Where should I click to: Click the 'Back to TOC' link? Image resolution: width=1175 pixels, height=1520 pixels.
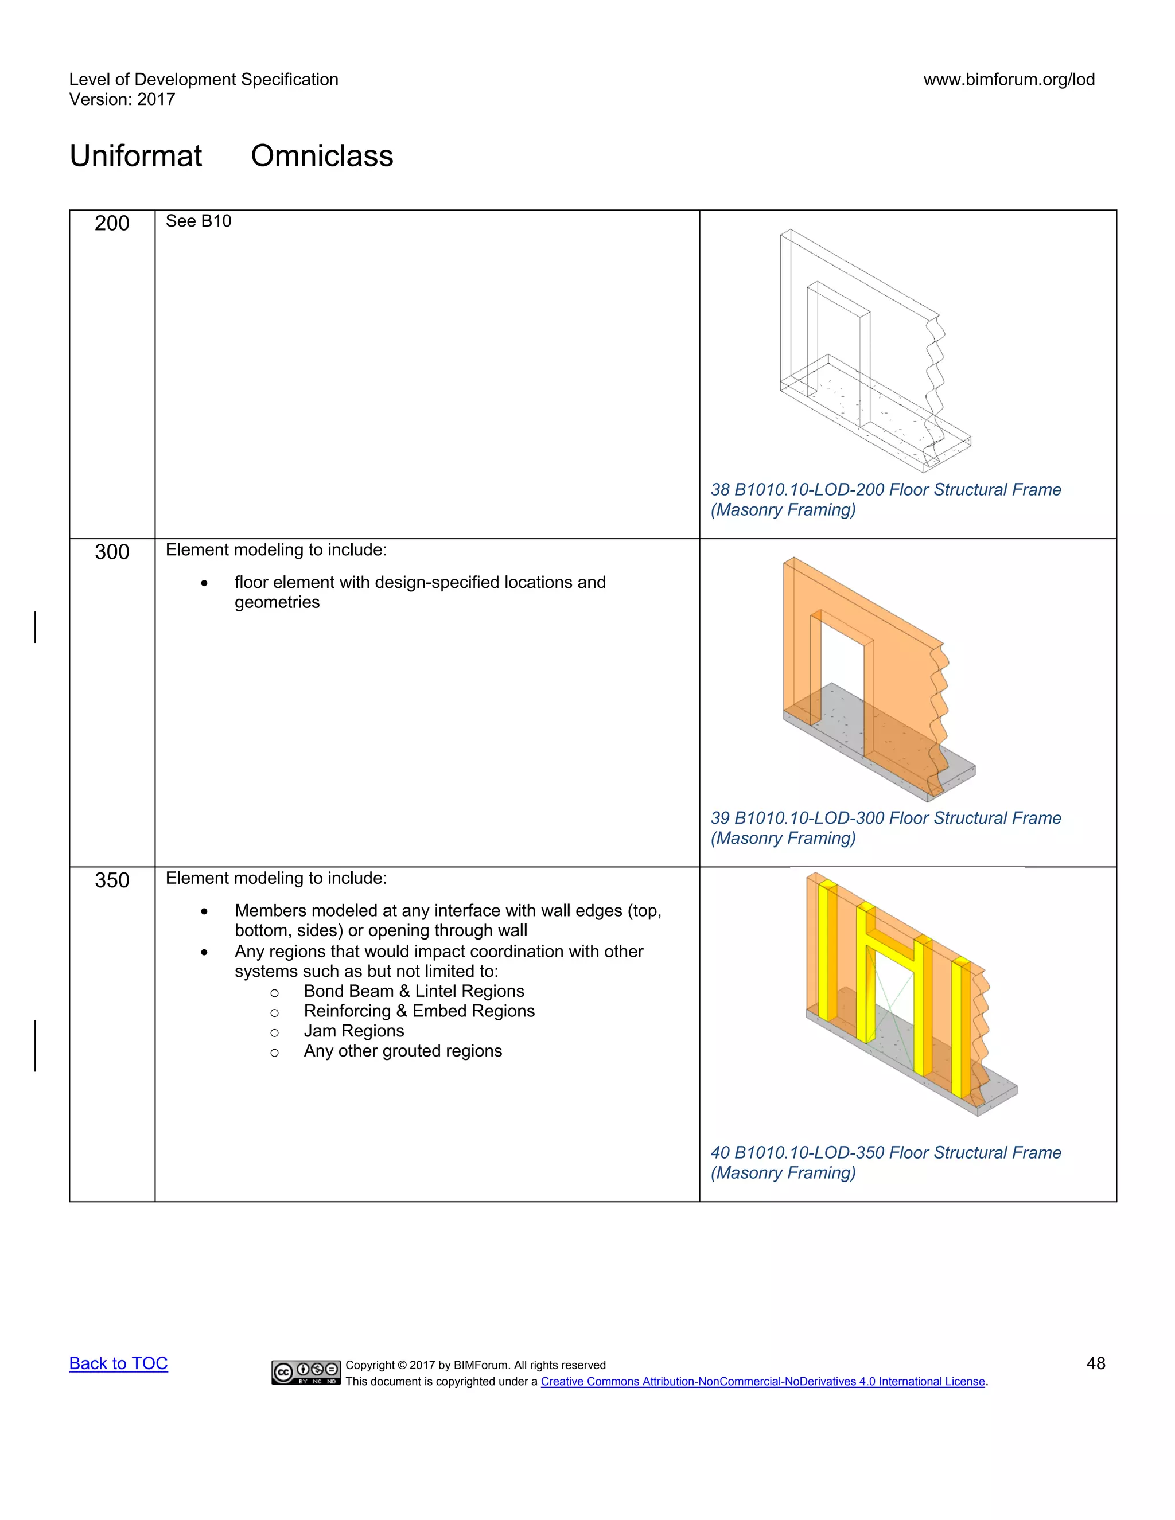point(118,1363)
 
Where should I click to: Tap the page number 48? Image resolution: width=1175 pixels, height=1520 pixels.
point(1096,1363)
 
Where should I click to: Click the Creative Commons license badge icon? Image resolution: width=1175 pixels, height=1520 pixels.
point(306,1373)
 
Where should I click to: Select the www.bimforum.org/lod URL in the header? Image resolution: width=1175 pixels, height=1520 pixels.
point(1009,79)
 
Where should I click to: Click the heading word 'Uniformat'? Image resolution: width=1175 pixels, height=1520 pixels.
point(136,156)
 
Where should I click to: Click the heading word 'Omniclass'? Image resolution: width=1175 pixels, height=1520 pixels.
point(322,156)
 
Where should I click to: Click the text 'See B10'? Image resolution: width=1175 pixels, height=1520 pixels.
point(199,221)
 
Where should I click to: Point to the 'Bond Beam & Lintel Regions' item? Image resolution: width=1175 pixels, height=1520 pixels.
point(414,991)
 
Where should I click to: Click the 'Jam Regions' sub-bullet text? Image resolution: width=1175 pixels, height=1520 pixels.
point(353,1031)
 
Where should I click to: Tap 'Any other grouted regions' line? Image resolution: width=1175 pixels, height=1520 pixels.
point(402,1051)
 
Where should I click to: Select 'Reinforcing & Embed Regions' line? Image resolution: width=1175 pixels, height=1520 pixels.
point(419,1011)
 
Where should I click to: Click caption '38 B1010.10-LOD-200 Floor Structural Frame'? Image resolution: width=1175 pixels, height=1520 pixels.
point(885,490)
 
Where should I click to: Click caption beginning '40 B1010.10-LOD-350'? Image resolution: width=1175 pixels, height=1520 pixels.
point(885,1152)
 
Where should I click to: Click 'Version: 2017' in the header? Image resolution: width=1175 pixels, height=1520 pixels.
point(122,100)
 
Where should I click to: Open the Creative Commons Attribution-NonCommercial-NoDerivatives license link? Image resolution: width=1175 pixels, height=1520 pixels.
point(763,1382)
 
